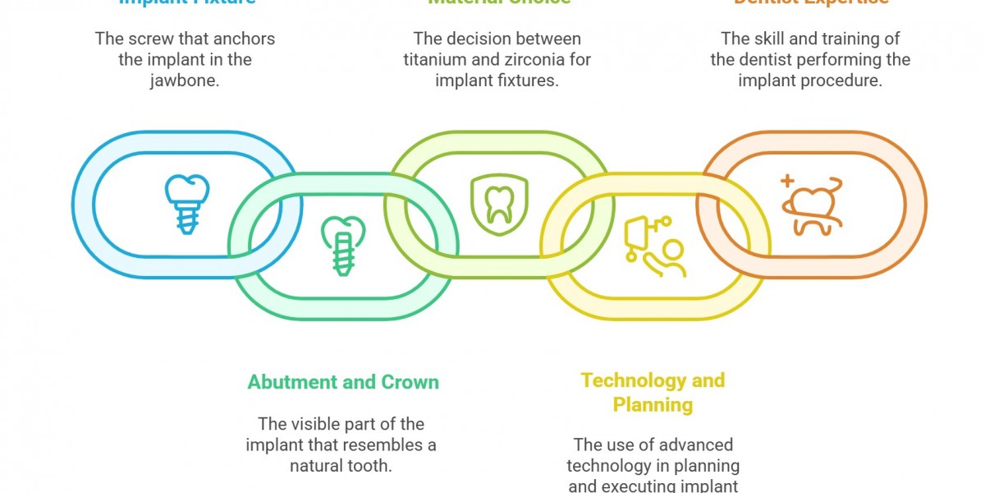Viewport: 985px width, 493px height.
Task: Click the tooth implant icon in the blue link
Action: [181, 204]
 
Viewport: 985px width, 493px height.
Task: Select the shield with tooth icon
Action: [498, 203]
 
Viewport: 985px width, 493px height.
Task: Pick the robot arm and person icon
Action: [654, 246]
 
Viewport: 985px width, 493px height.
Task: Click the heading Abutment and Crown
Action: [343, 382]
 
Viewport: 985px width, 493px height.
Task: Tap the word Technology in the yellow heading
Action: [633, 380]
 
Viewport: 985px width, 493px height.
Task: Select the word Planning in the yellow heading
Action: [653, 404]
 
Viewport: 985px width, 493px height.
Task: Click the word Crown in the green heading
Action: [410, 382]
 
